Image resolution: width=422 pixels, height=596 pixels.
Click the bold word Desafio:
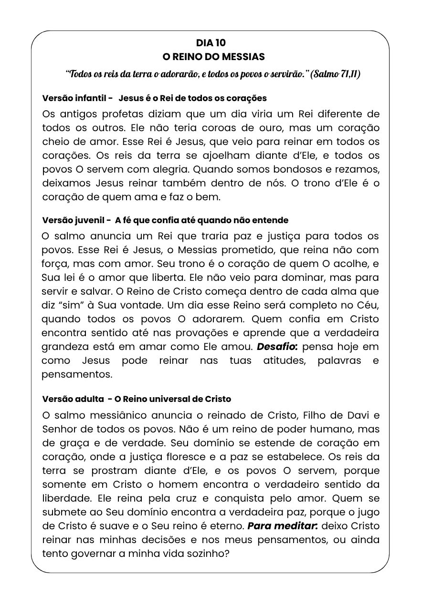(277, 347)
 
